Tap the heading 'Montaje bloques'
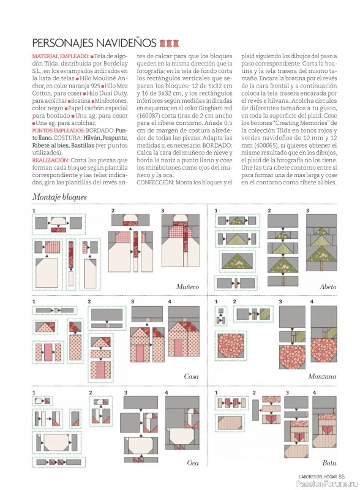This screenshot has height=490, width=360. [59, 197]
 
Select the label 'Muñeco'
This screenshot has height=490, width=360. [187, 287]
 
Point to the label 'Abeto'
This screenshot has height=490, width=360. [328, 287]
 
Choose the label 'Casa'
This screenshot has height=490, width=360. [191, 376]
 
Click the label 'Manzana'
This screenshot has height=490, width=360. [322, 376]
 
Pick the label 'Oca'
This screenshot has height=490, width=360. [192, 463]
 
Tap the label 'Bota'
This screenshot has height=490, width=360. [329, 463]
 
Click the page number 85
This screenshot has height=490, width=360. [341, 477]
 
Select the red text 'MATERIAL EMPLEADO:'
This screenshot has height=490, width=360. [61, 56]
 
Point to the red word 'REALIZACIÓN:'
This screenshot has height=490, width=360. [50, 160]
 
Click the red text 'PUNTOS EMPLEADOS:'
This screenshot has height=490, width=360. [58, 130]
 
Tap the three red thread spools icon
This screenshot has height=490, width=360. [169, 43]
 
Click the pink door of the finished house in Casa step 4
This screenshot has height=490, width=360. [178, 347]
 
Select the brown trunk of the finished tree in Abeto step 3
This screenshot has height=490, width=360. [321, 266]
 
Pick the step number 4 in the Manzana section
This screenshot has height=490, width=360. [312, 301]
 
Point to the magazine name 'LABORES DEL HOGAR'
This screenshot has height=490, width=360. [318, 477]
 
